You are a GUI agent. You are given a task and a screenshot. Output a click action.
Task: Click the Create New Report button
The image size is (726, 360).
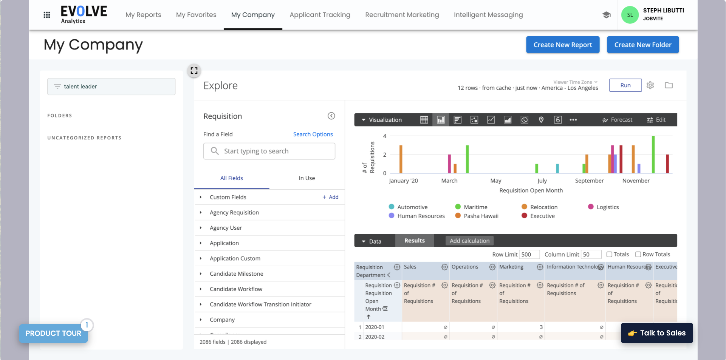tap(562, 45)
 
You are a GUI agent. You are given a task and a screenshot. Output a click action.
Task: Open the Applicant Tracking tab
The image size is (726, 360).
tap(320, 15)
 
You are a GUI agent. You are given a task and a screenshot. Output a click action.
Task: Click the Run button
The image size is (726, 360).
tap(625, 85)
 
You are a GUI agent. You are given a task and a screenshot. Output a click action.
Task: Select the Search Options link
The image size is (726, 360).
tap(313, 134)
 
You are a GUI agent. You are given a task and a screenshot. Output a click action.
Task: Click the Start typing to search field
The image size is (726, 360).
tap(269, 151)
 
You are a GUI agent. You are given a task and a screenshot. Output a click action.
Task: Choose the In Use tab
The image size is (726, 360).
tap(306, 178)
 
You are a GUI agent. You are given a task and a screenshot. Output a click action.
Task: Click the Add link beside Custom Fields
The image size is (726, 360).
tap(330, 197)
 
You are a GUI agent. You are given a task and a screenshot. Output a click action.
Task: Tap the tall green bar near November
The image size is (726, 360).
tap(653, 155)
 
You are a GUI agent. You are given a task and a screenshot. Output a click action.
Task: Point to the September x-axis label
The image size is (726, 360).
tap(589, 181)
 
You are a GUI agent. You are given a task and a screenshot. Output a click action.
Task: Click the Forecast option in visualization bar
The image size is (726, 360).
tap(617, 120)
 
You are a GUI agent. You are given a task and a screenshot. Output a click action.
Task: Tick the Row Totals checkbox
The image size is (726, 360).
tap(638, 255)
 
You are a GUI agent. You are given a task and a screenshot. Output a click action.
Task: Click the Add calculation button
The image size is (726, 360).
tap(469, 241)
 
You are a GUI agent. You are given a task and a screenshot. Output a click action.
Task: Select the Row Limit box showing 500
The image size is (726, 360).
tap(529, 255)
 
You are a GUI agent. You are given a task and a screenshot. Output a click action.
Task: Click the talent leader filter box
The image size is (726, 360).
tap(111, 87)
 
